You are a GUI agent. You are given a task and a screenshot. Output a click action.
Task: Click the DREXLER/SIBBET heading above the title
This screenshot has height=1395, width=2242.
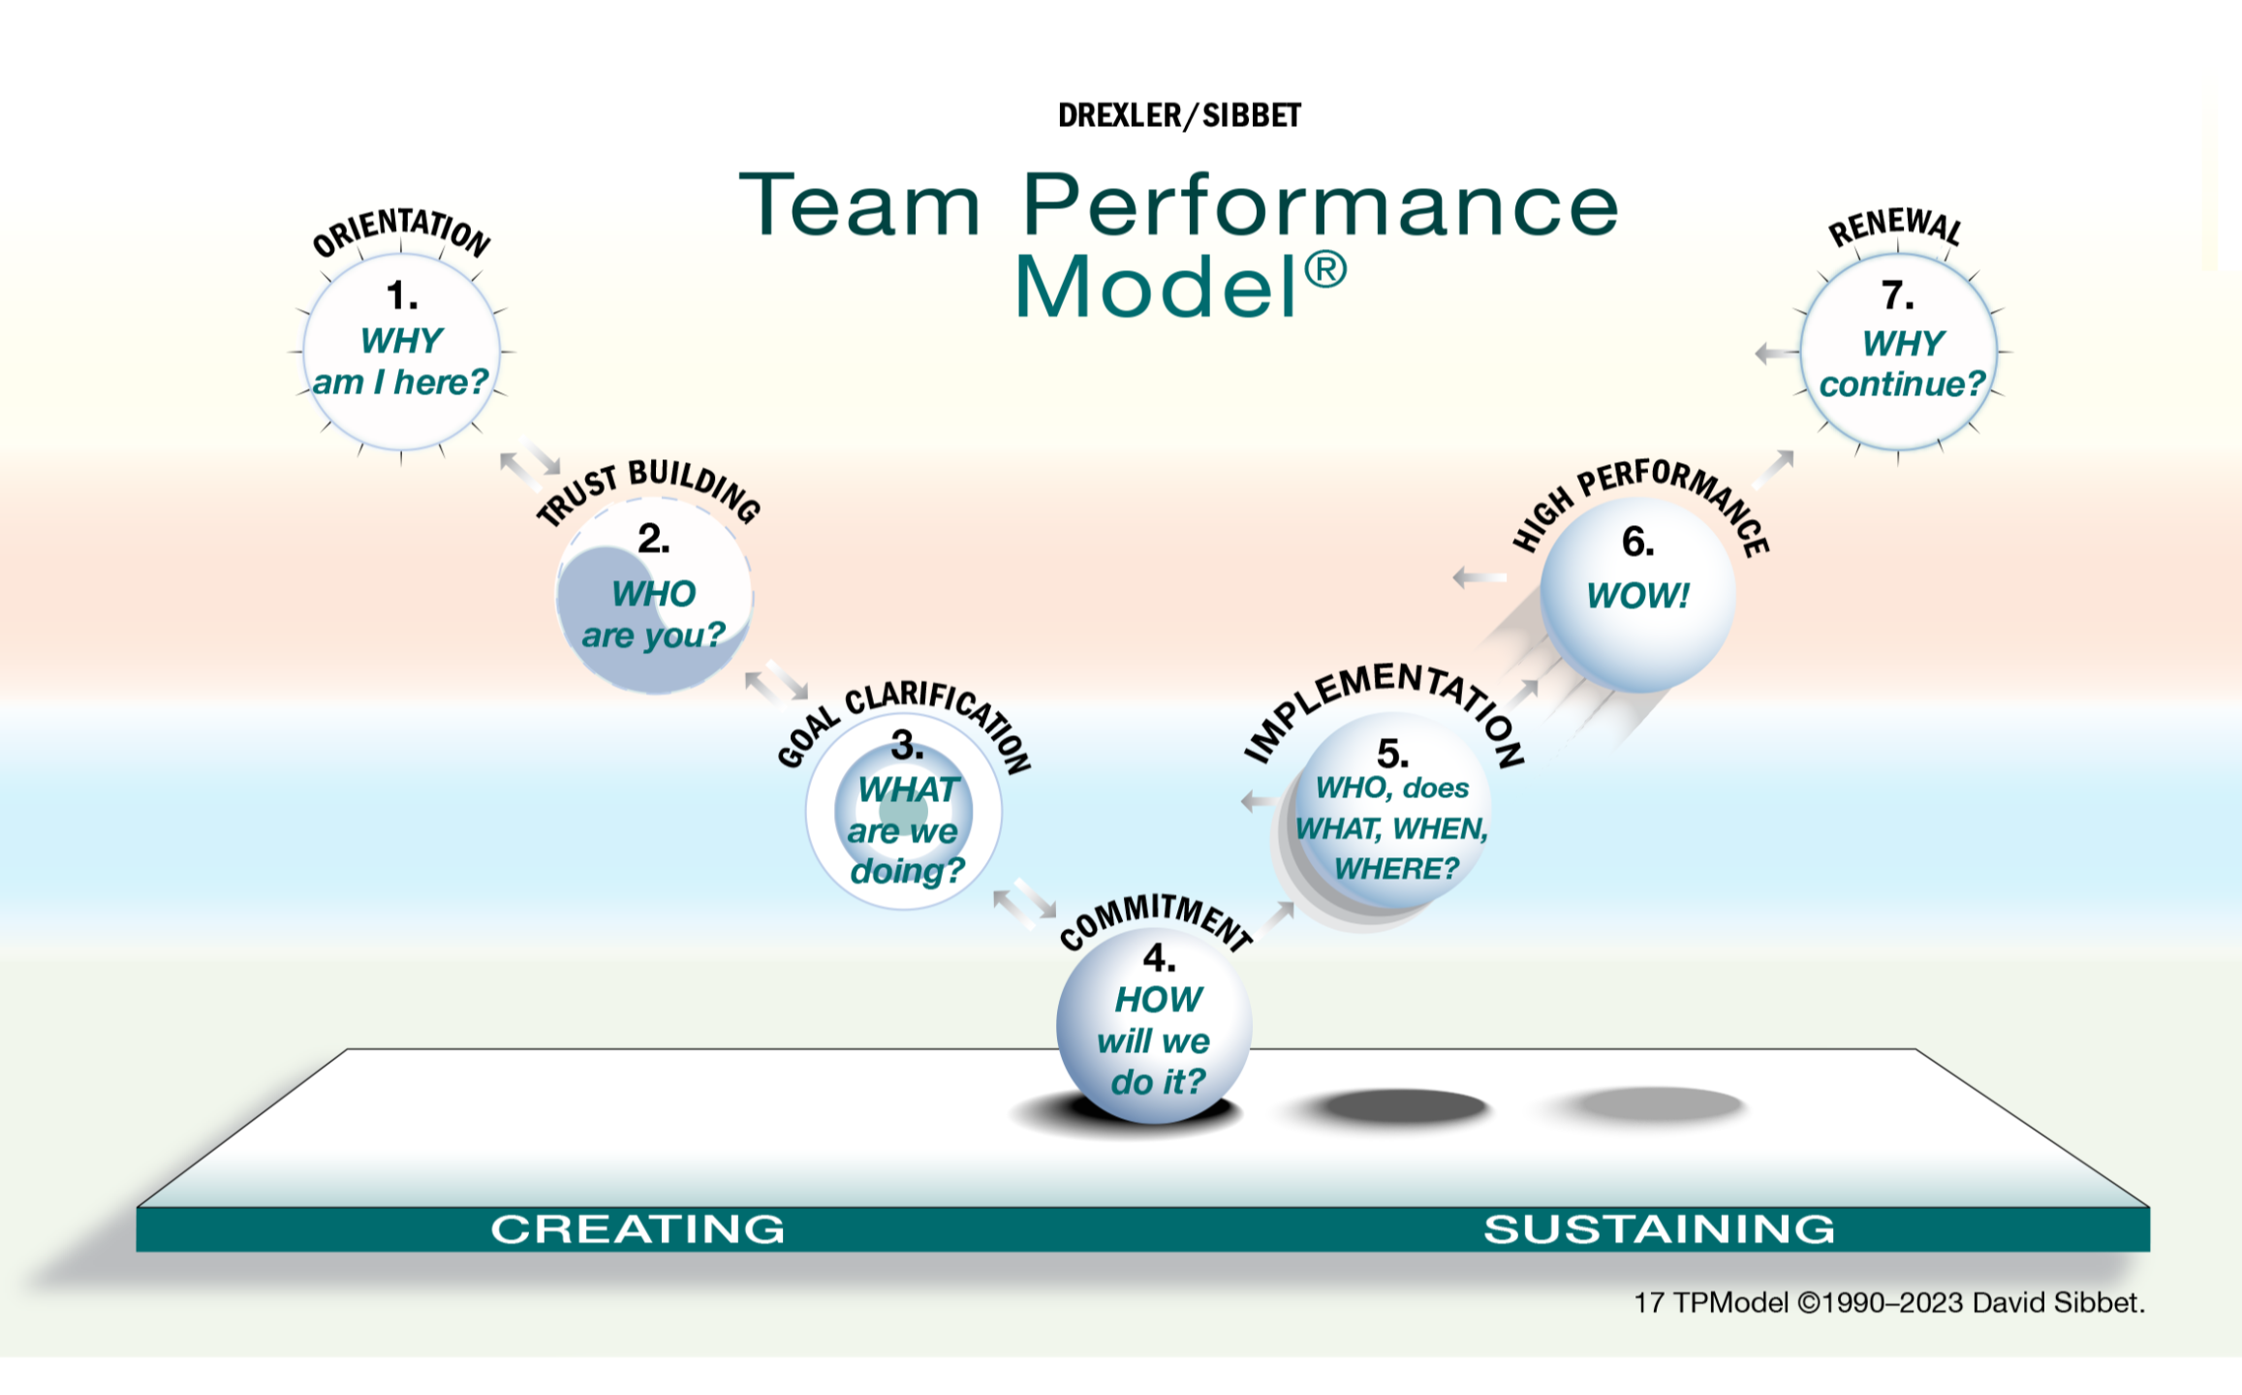pos(1178,116)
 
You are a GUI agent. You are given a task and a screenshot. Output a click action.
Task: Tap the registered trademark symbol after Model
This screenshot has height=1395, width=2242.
pos(1324,270)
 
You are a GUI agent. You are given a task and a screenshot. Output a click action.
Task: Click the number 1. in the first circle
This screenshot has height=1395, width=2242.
pos(401,295)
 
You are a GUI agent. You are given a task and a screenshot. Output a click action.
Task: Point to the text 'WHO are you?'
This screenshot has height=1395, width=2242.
pos(653,614)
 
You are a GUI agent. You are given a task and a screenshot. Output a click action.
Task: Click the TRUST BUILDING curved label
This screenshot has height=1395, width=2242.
pos(648,489)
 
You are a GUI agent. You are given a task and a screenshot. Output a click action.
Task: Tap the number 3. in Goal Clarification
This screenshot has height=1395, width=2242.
pos(907,746)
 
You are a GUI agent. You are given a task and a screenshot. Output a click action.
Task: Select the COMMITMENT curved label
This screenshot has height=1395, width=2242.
pos(1155,920)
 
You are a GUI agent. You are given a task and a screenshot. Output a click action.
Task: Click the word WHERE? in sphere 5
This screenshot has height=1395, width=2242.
pos(1395,869)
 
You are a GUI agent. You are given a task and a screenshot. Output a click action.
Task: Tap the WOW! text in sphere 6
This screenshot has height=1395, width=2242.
pos(1637,596)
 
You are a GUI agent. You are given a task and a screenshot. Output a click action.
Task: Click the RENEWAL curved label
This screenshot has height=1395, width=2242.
pos(1894,229)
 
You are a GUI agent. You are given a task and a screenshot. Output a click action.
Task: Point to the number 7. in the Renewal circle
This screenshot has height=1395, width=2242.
pos(1897,295)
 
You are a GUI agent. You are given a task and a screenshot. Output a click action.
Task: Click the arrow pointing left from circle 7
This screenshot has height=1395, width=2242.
pos(1776,354)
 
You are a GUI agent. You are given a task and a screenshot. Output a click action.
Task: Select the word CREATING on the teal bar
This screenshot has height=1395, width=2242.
pos(638,1229)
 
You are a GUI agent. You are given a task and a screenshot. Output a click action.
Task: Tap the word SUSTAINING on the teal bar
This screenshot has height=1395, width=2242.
pos(1659,1229)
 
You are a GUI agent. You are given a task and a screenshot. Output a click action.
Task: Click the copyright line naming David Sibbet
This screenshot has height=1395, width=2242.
pos(1888,1303)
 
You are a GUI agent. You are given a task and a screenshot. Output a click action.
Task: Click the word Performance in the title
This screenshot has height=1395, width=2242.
pos(1320,205)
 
